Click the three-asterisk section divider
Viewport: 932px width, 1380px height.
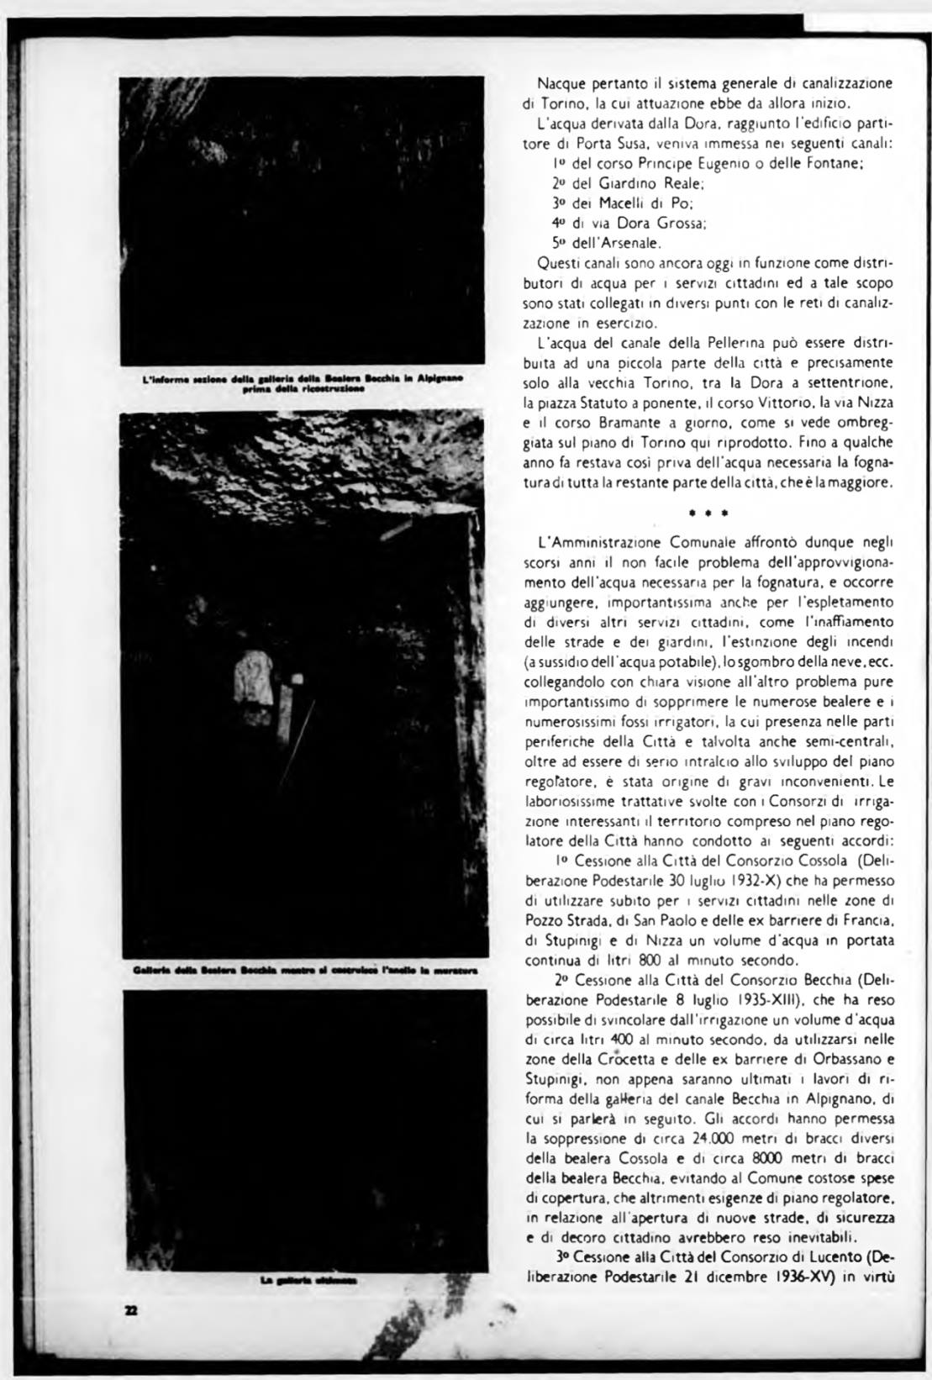(x=707, y=512)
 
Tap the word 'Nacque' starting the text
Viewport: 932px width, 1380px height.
(x=561, y=84)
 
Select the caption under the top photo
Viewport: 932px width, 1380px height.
(x=303, y=384)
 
